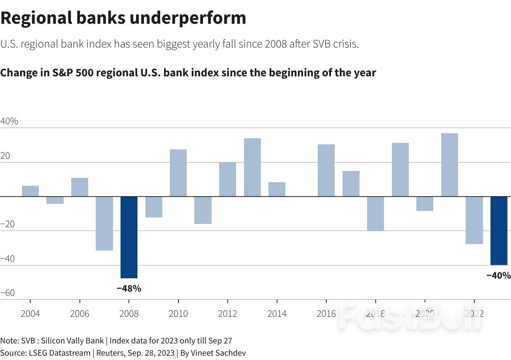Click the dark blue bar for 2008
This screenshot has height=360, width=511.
[x=129, y=237]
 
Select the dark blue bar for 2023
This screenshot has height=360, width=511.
[x=499, y=231]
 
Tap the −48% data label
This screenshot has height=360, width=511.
[x=129, y=288]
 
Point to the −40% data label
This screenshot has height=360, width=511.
[x=498, y=275]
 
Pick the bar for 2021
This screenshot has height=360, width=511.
[x=449, y=165]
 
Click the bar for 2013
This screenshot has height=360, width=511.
[x=252, y=167]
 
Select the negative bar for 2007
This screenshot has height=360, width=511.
[x=104, y=223]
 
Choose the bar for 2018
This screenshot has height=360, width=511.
[x=375, y=213]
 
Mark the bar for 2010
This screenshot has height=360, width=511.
[x=178, y=173]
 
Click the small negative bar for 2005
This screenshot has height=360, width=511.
[x=55, y=200]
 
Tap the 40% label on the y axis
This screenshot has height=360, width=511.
[x=9, y=121]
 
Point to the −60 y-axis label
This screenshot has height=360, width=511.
[x=8, y=293]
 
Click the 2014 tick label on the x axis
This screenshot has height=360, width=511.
[x=277, y=314]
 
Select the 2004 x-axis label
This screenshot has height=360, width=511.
[x=30, y=314]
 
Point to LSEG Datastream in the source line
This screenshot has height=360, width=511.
[x=59, y=353]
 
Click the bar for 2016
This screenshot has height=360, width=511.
[x=326, y=170]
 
